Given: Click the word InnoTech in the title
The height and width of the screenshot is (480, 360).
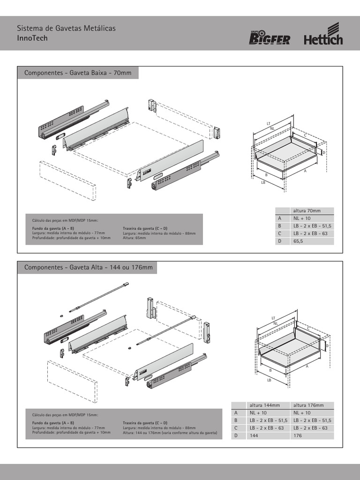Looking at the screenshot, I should (x=32, y=38).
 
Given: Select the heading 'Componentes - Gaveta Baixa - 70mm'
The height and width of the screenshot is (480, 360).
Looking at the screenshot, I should (x=77, y=74).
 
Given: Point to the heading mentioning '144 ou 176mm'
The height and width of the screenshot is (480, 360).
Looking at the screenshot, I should (x=88, y=268).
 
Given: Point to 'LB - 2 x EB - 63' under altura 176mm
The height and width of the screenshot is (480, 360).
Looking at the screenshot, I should (x=313, y=428).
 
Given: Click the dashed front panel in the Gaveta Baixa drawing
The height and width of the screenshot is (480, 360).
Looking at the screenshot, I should (x=67, y=180).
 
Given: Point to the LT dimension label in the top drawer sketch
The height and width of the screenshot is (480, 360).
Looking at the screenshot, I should (x=269, y=123).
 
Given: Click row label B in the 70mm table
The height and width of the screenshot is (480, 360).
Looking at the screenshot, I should (x=279, y=226).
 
